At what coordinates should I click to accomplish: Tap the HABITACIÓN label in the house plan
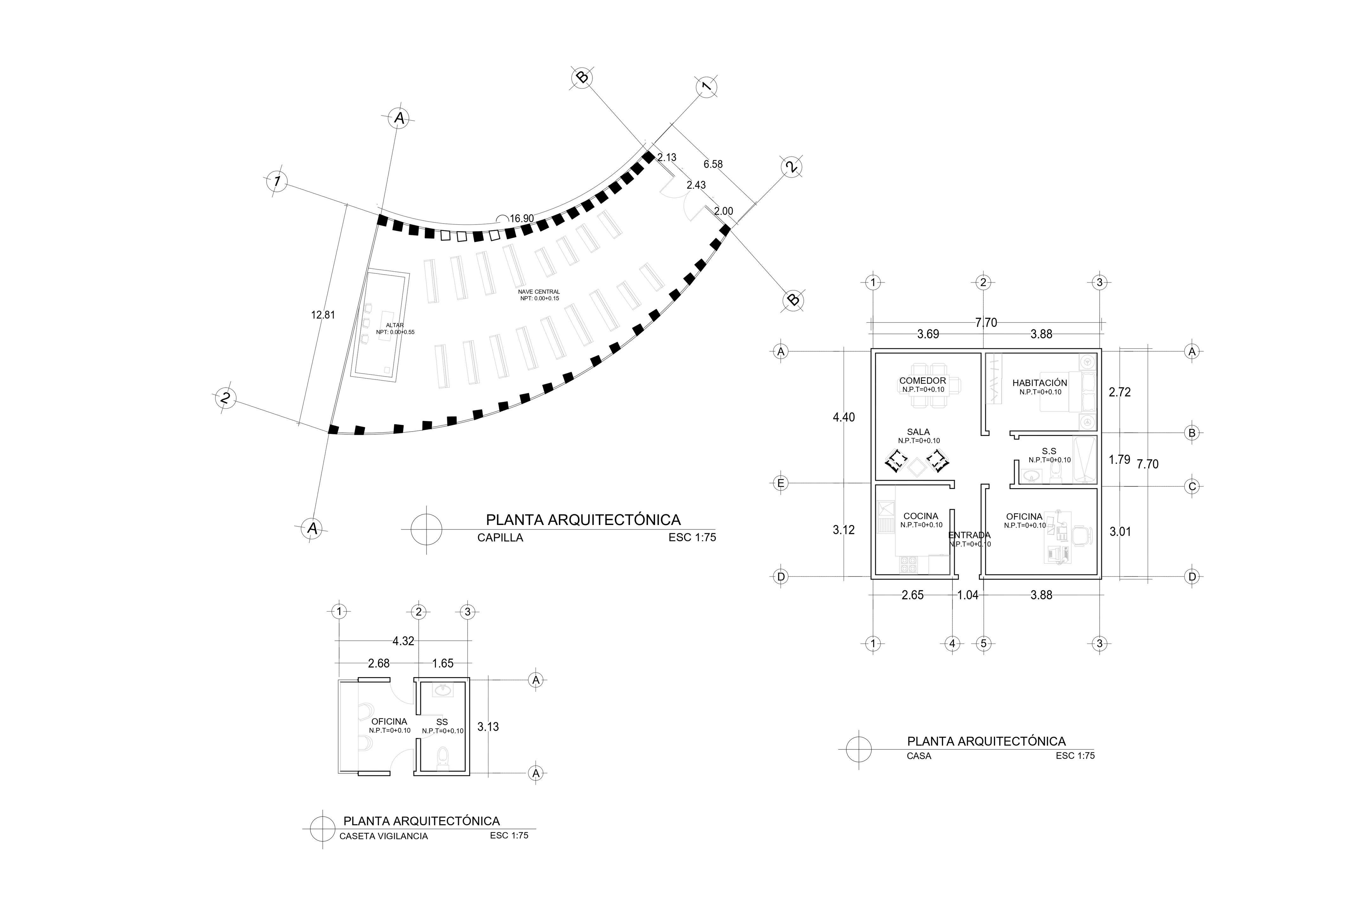pyautogui.click(x=1039, y=383)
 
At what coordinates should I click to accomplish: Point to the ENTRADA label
pyautogui.click(x=969, y=535)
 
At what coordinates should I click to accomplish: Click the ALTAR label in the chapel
pyautogui.click(x=395, y=326)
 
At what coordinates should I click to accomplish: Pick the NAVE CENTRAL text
pyautogui.click(x=539, y=292)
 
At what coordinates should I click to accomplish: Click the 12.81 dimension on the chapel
pyautogui.click(x=323, y=315)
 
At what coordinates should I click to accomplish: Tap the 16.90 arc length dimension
pyautogui.click(x=522, y=219)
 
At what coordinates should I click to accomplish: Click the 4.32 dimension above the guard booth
pyautogui.click(x=403, y=641)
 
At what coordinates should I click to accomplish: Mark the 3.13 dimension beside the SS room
pyautogui.click(x=488, y=727)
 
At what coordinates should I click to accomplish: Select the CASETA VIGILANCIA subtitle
pyautogui.click(x=383, y=836)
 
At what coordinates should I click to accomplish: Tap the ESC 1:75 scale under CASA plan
pyautogui.click(x=1075, y=756)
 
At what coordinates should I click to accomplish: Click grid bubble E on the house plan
pyautogui.click(x=781, y=483)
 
